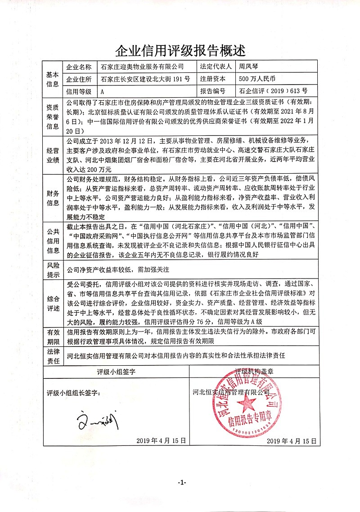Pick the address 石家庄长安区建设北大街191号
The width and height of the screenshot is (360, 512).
(x=145, y=79)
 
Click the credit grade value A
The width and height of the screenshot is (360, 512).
(x=103, y=91)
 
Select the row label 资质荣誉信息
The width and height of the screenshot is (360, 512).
(x=53, y=117)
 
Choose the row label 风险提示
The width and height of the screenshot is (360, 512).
(x=53, y=270)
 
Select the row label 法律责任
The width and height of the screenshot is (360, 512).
(x=53, y=355)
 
